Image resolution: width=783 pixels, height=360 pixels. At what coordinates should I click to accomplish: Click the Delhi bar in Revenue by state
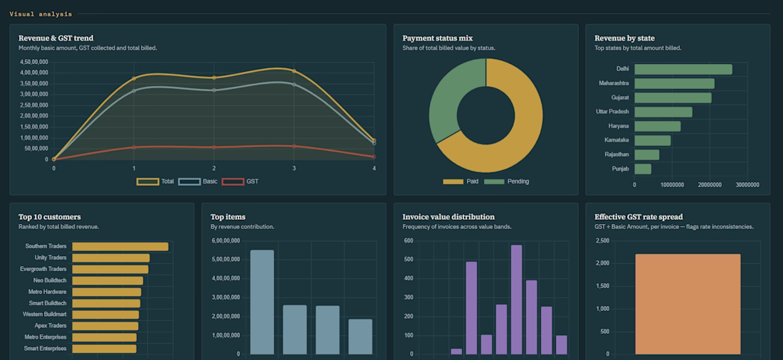683,70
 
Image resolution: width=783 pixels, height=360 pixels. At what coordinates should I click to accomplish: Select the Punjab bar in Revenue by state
643,169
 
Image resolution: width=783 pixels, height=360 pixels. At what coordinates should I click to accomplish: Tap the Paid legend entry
461,181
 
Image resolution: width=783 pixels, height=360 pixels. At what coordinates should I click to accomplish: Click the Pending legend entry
506,181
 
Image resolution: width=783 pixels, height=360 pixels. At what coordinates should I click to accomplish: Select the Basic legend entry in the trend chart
198,181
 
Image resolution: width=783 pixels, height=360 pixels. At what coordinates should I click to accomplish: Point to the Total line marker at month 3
293,71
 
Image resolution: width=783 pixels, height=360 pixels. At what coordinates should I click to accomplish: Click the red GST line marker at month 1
134,147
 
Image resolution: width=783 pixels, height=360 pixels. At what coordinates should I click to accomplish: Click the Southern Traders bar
120,247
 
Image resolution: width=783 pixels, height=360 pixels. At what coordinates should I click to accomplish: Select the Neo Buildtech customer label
50,280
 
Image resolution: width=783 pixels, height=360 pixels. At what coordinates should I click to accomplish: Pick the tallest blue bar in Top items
262,302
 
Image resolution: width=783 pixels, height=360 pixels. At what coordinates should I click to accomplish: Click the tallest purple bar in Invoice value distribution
516,300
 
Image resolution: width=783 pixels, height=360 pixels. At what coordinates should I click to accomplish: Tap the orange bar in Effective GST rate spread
688,304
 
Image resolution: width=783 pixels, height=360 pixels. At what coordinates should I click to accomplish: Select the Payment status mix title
438,38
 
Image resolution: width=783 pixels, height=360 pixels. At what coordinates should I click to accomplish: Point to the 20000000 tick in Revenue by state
710,185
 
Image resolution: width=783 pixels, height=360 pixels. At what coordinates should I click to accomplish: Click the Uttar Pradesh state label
612,112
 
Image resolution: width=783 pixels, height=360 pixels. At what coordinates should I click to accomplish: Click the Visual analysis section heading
41,14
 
